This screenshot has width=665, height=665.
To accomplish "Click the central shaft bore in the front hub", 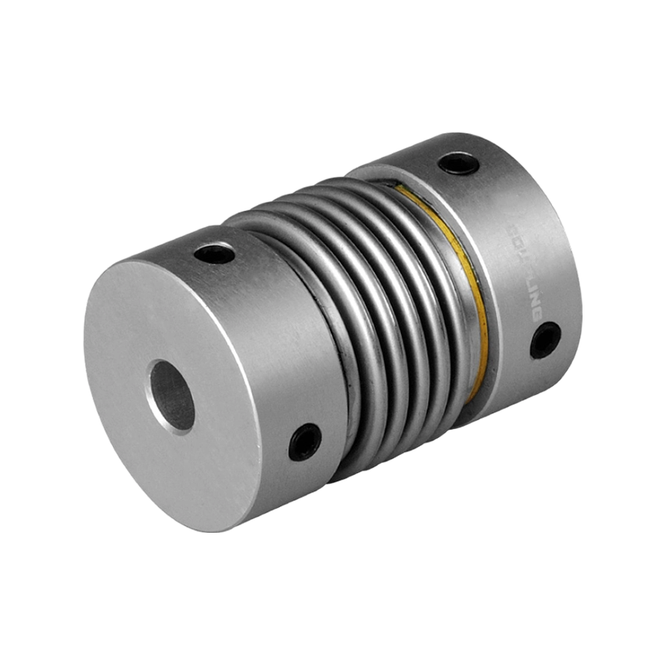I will coord(173,396).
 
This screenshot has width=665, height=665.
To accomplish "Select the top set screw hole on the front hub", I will coord(218,252).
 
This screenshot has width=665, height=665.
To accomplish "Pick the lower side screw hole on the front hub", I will coord(306,441).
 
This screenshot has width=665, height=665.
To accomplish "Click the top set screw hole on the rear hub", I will coord(458,161).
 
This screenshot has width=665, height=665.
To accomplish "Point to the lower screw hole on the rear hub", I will coord(544,340).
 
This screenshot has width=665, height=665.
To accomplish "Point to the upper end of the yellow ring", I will coord(407,195).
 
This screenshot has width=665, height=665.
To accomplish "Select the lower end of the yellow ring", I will coord(474,391).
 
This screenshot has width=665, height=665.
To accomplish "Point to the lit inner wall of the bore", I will coord(163,391).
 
